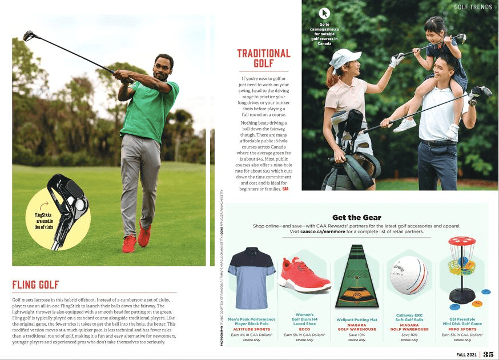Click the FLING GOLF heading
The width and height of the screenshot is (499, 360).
[36, 285]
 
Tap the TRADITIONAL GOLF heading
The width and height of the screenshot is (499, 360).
[263, 58]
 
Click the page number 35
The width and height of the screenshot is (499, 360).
[488, 354]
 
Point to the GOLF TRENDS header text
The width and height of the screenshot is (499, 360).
[473, 7]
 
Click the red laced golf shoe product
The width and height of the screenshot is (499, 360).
[304, 274]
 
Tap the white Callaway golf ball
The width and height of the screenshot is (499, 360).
[408, 275]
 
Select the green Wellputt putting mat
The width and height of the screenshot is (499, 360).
[357, 276]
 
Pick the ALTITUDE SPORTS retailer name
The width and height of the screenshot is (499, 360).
[252, 329]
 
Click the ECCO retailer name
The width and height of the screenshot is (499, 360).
[304, 329]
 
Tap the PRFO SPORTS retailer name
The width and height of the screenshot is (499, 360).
[462, 329]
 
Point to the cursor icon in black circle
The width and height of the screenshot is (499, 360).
[324, 13]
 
